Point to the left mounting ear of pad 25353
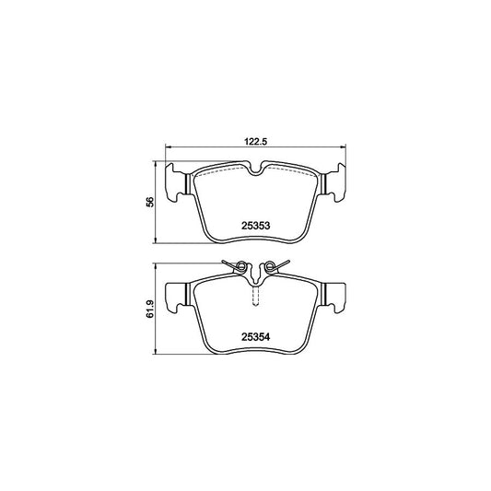176,183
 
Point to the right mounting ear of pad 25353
335,183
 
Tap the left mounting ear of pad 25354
176,295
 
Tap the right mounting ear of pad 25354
335,295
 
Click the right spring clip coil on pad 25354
271,269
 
